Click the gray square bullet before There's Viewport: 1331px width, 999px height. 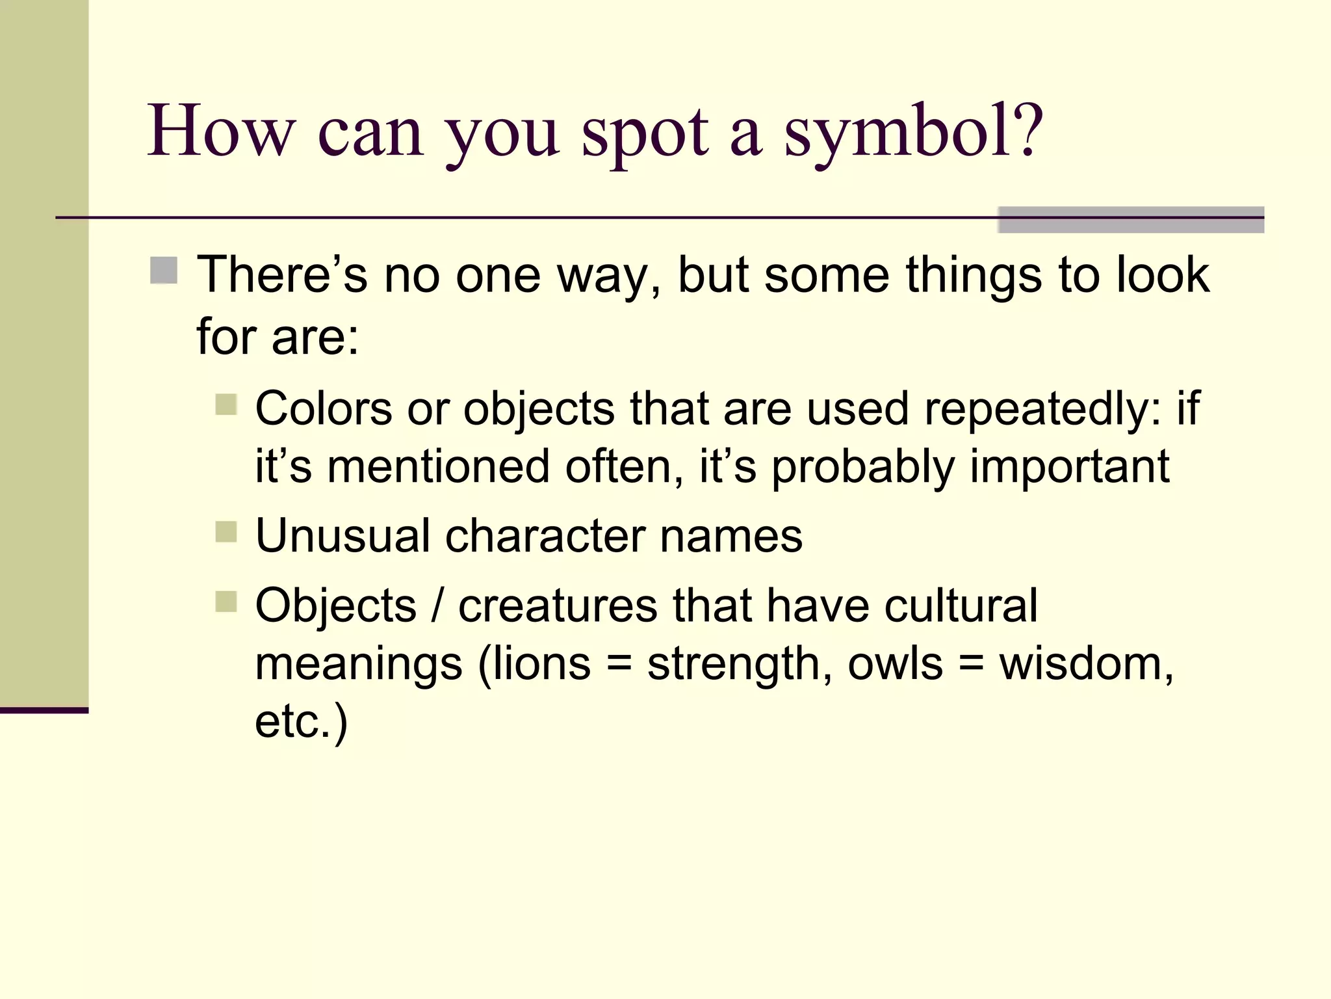[164, 271]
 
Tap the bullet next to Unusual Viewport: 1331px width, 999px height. [226, 531]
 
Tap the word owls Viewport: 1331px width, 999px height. [895, 664]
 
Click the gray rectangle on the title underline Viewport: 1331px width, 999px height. [1131, 220]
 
